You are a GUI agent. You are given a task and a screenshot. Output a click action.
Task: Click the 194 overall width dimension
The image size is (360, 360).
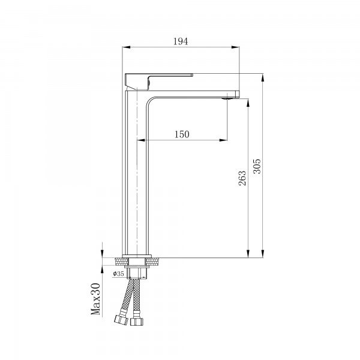pyautogui.click(x=181, y=41)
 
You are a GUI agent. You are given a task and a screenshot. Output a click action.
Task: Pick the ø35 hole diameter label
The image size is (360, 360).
pyautogui.click(x=118, y=274)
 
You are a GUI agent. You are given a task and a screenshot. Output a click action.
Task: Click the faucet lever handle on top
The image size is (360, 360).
pyautogui.click(x=158, y=77)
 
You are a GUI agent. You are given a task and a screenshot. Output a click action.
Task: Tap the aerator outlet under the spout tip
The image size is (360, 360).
pyautogui.click(x=229, y=98)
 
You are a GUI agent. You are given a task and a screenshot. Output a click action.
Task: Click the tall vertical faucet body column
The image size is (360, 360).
pyautogui.click(x=135, y=180)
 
